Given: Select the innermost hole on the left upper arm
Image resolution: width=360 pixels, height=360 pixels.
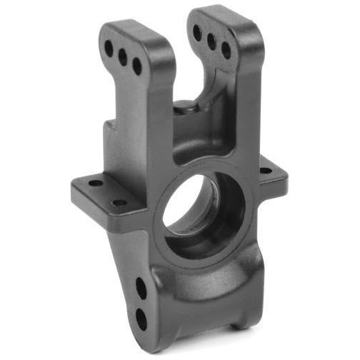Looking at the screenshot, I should click(x=137, y=66).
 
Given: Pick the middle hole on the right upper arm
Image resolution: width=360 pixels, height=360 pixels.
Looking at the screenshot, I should click(x=211, y=41).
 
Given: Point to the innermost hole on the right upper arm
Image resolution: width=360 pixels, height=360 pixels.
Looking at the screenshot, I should click(x=226, y=51).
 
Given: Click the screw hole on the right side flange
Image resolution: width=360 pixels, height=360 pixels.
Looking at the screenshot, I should click(x=266, y=171).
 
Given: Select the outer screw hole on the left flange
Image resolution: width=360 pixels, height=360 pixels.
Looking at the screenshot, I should click(x=95, y=184).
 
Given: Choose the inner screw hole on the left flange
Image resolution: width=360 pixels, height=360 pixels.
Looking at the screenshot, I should click(x=119, y=203).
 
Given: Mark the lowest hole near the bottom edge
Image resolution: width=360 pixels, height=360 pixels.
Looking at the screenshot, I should click(x=141, y=319).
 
